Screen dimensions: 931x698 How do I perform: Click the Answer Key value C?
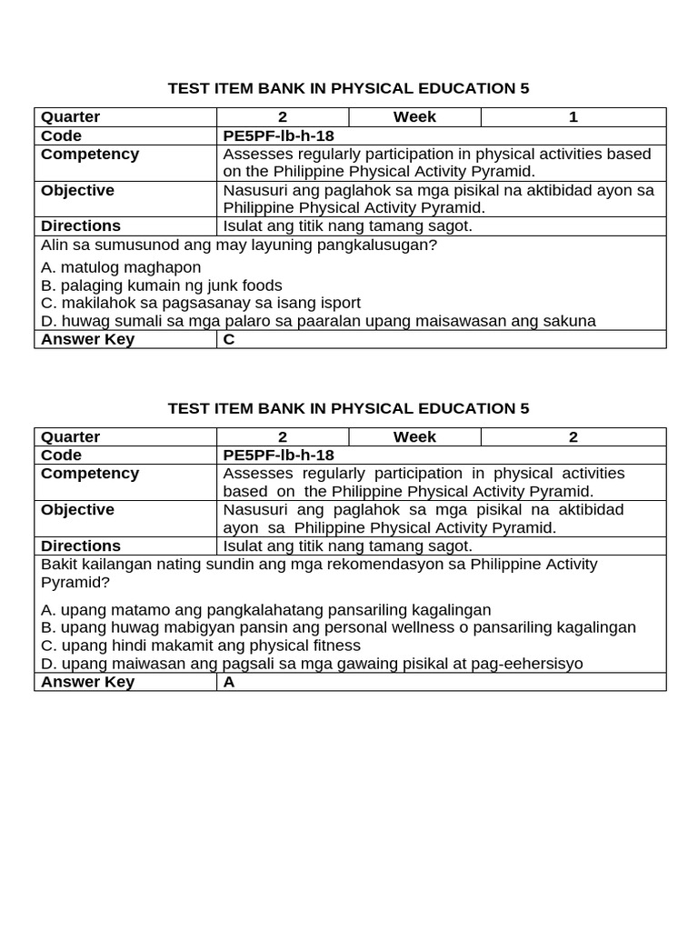click(229, 339)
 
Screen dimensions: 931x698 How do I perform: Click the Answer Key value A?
click(229, 682)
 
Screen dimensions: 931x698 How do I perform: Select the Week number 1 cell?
click(573, 116)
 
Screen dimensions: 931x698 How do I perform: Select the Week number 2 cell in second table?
click(573, 436)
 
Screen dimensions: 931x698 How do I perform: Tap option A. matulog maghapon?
click(121, 267)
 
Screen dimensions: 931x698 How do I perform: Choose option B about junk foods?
click(162, 285)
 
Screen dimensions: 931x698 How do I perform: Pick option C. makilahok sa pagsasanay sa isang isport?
click(201, 303)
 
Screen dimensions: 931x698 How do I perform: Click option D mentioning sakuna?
click(318, 320)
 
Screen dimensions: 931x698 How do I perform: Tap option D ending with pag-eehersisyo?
click(312, 664)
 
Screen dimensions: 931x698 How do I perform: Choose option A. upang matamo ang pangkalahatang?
click(266, 610)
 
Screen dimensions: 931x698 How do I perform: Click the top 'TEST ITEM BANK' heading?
click(348, 88)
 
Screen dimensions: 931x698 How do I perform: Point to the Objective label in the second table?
click(77, 509)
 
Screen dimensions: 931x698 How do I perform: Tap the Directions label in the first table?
click(80, 225)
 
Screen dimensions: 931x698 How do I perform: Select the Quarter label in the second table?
click(70, 436)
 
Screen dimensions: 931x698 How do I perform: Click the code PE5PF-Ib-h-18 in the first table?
click(272, 135)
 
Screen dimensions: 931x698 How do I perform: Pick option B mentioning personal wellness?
click(338, 627)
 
